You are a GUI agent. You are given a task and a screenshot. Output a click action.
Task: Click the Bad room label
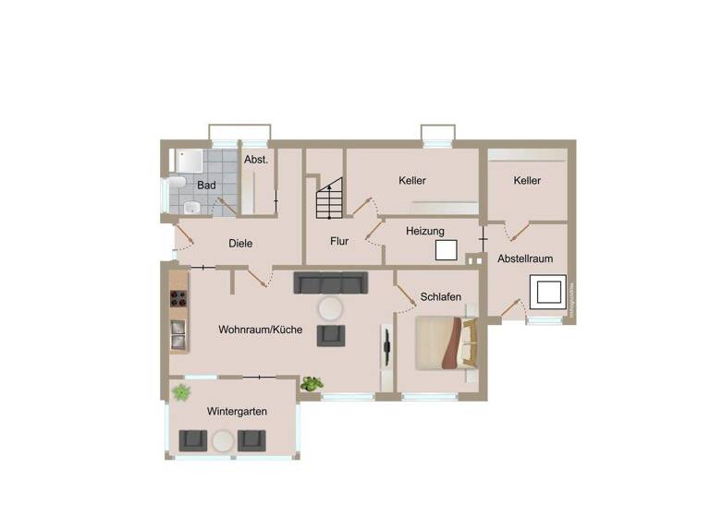coord(206,186)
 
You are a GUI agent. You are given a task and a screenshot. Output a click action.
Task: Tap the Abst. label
coord(255,160)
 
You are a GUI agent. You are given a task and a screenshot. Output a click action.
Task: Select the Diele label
coord(240,244)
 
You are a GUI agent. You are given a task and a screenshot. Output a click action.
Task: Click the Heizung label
coord(425,231)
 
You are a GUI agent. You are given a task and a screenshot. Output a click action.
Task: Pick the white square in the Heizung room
coord(447,251)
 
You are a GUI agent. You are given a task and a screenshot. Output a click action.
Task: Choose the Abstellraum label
coord(525,259)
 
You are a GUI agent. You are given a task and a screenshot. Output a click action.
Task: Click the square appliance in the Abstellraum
coord(546,293)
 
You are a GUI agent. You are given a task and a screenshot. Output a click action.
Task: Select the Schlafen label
coord(441,297)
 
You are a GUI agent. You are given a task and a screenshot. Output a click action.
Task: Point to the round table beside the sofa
coord(330,308)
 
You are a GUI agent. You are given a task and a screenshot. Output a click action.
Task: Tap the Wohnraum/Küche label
coord(261,330)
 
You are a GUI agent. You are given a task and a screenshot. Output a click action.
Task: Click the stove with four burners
coord(178,298)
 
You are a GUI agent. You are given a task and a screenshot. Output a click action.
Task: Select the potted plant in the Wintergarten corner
coord(180,392)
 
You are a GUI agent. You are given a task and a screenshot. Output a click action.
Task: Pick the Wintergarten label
coord(238,412)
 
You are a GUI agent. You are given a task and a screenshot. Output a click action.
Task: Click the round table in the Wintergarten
coord(222,441)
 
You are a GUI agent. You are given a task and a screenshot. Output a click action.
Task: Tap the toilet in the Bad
coord(190,207)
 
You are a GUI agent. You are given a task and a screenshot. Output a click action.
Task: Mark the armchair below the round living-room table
coord(331,335)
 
